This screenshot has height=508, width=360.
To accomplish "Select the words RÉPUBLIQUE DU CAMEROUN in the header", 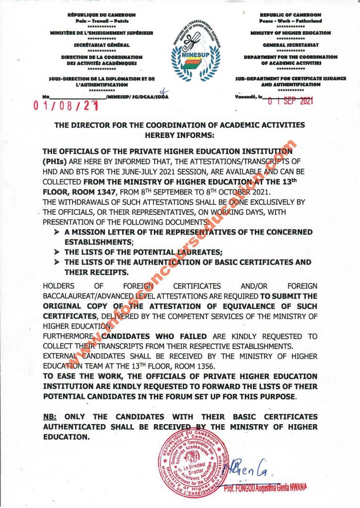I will point(102,15).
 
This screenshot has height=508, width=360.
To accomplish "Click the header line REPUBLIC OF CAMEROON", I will point(290,15).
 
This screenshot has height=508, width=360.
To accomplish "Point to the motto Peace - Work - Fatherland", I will point(290,21).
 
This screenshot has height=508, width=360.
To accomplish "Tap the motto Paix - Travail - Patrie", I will point(102,21).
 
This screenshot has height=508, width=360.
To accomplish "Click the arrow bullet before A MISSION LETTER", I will point(56,232).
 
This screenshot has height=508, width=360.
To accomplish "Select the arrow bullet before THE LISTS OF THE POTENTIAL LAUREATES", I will point(56,253).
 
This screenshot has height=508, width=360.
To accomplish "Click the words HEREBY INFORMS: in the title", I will point(180,134).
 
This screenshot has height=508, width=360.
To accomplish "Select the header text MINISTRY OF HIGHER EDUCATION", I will point(290,33).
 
